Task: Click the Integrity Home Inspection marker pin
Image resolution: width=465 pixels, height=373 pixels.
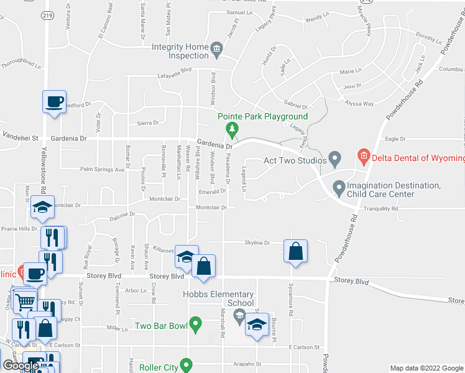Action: click(216, 48)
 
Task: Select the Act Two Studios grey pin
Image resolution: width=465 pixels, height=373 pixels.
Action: click(334, 160)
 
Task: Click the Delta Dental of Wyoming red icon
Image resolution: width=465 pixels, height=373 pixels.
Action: click(364, 157)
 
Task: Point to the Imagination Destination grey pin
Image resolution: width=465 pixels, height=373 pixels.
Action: click(339, 186)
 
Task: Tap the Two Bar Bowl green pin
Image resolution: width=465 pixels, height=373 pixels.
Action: click(196, 324)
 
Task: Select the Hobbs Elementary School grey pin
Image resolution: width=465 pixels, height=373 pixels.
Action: click(239, 317)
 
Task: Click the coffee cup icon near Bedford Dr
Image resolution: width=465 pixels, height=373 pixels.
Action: click(54, 101)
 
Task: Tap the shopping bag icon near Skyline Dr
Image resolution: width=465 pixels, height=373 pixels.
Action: click(296, 252)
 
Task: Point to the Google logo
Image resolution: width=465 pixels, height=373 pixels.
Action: click(21, 366)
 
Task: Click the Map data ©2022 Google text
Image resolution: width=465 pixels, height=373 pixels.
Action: click(426, 368)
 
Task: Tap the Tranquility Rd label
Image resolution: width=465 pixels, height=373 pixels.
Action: click(380, 210)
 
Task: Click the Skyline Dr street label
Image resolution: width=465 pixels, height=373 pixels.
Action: click(257, 243)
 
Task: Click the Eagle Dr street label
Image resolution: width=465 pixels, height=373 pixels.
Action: click(395, 139)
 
